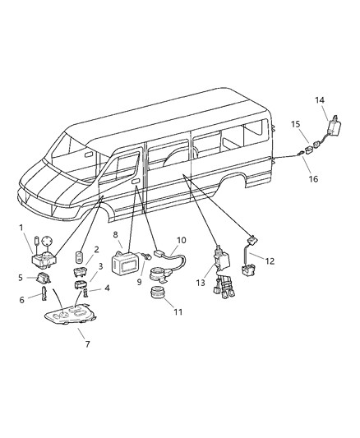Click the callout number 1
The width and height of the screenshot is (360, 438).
[22, 227]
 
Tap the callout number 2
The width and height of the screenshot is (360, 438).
[96, 250]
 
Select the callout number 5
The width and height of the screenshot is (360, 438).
[21, 278]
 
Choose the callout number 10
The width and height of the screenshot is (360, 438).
[182, 240]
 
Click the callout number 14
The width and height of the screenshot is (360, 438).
[321, 100]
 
